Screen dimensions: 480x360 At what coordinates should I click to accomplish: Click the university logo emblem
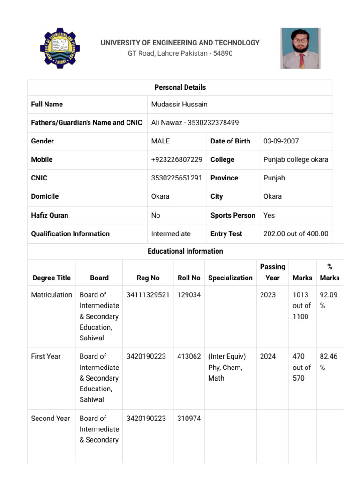coord(60,48)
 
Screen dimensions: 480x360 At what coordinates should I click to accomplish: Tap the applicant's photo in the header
coord(300,48)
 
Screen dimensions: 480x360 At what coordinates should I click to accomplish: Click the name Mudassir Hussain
coord(179,104)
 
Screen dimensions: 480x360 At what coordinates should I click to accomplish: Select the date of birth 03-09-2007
coord(281,141)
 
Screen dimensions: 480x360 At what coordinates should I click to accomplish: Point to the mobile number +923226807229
coord(177,159)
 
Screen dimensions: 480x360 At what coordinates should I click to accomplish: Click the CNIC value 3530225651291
coord(176,178)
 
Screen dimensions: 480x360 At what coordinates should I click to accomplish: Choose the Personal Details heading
coord(180,87)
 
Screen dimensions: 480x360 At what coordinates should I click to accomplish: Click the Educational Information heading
coord(185,251)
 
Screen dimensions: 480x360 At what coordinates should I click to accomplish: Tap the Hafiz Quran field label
coord(50,215)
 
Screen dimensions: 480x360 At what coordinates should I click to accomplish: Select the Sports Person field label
coord(233,215)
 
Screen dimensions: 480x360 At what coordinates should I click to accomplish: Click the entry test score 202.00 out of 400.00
coord(296,233)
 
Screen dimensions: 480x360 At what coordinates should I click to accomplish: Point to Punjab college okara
coord(296,159)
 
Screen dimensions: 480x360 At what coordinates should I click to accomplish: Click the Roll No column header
coord(189,278)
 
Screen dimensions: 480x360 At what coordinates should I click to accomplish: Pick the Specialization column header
coord(230,278)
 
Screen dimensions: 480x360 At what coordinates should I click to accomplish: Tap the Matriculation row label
coord(52,295)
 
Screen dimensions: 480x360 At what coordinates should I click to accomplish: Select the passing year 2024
coord(268,356)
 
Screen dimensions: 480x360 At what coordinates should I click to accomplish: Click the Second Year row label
coord(51,418)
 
